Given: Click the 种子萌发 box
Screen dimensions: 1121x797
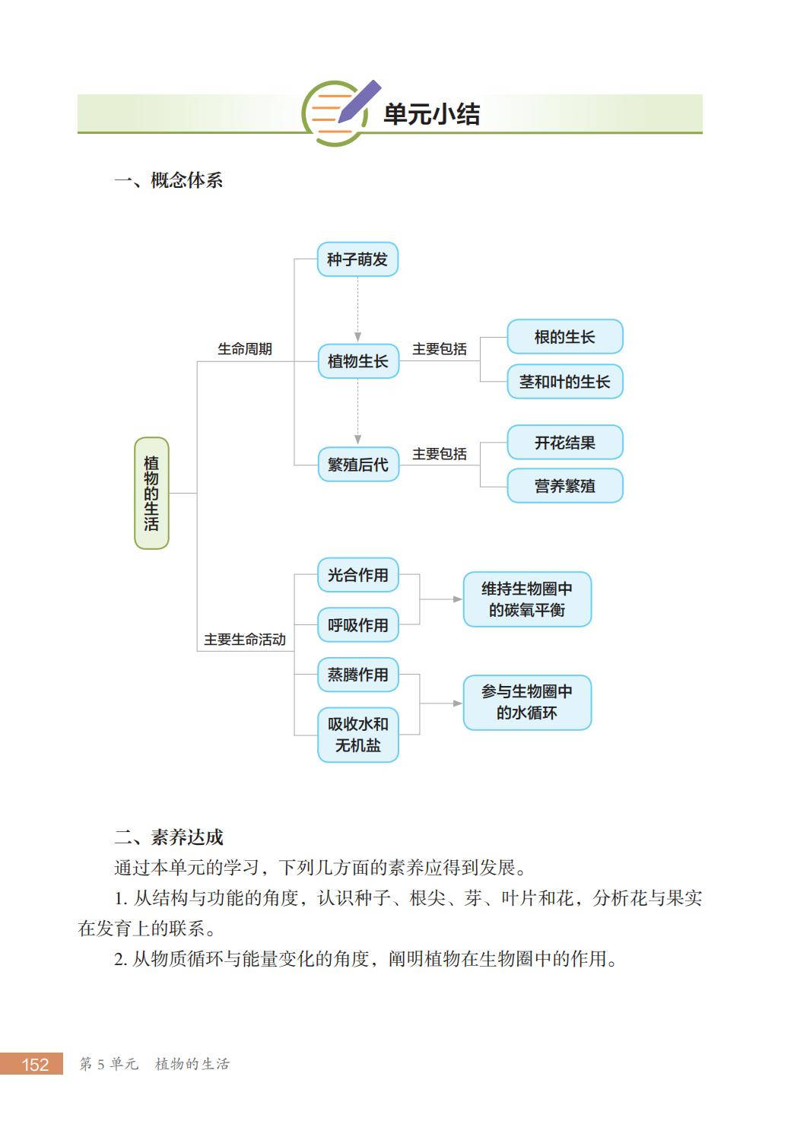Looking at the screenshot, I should pyautogui.click(x=357, y=259).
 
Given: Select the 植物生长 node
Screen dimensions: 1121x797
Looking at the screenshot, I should pyautogui.click(x=357, y=360).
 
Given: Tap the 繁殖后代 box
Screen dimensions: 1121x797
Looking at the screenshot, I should pyautogui.click(x=357, y=464).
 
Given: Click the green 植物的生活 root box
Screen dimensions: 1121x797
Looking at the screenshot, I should pyautogui.click(x=151, y=493).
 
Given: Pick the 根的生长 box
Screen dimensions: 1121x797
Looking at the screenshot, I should pyautogui.click(x=564, y=336).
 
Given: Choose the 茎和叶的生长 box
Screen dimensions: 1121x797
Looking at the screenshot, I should pyautogui.click(x=564, y=381).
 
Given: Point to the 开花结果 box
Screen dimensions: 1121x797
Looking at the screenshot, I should pyautogui.click(x=564, y=442).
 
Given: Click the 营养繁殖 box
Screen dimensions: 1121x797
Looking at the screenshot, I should pyautogui.click(x=564, y=485).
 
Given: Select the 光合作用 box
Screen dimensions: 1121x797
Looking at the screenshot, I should pyautogui.click(x=357, y=575).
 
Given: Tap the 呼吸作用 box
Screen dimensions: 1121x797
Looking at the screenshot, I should pyautogui.click(x=357, y=624).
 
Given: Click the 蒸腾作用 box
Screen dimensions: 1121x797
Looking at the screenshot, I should pyautogui.click(x=357, y=675).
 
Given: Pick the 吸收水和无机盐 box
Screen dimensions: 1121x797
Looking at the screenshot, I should pyautogui.click(x=357, y=735).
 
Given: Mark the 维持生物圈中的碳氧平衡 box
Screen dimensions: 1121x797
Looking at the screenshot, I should pyautogui.click(x=527, y=599).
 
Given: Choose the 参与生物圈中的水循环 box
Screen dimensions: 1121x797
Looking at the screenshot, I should pyautogui.click(x=527, y=702).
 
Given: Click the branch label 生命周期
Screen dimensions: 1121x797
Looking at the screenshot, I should pyautogui.click(x=244, y=349).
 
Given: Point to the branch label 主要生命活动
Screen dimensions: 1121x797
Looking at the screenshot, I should pyautogui.click(x=244, y=640).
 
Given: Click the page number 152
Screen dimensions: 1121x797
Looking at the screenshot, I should pyautogui.click(x=35, y=1064).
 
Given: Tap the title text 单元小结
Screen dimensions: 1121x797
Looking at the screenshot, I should pyautogui.click(x=431, y=114).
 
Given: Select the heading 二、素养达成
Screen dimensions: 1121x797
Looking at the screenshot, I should pyautogui.click(x=169, y=837).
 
